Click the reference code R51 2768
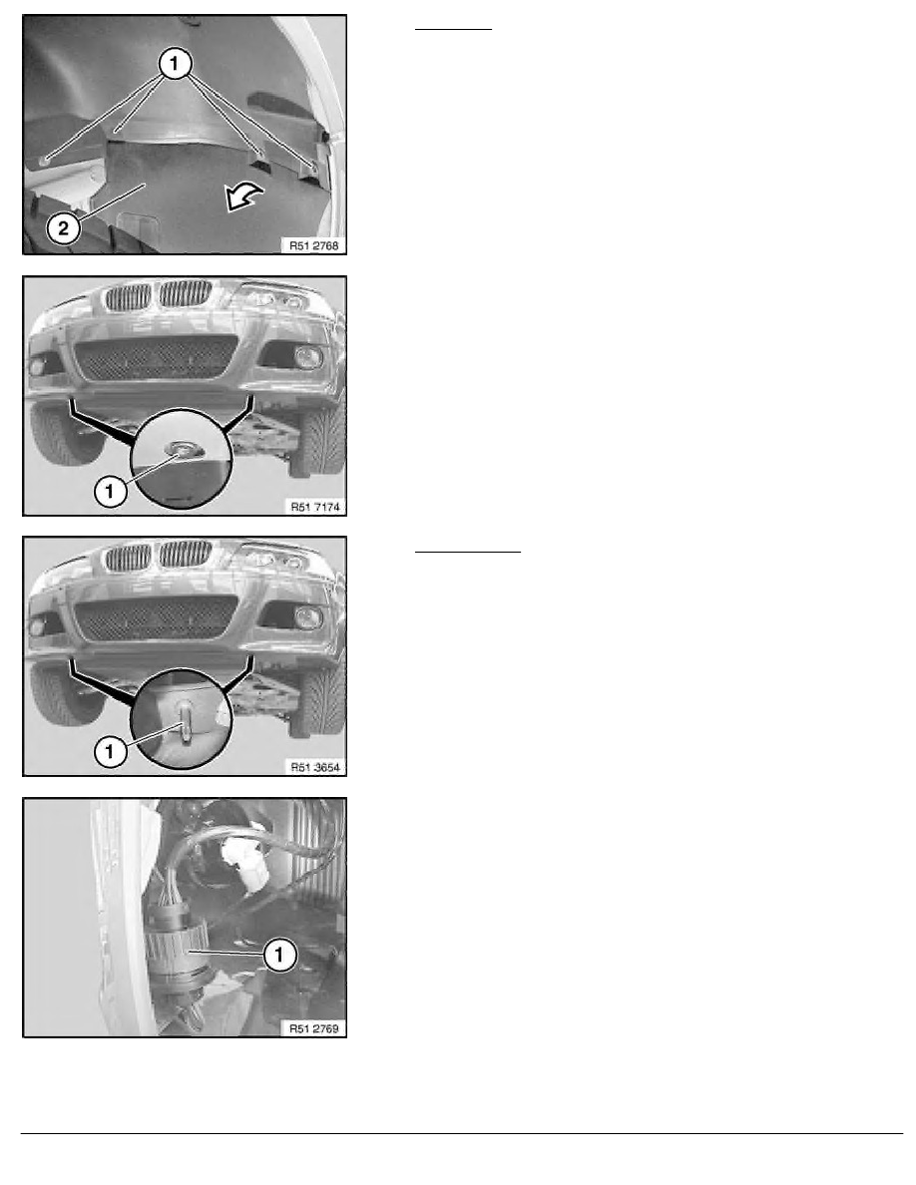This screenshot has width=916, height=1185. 314,245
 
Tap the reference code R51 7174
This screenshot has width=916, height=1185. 315,507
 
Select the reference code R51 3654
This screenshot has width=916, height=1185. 315,767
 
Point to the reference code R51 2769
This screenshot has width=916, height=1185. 314,1028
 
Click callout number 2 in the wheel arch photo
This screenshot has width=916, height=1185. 64,227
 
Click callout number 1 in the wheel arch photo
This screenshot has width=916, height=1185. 175,64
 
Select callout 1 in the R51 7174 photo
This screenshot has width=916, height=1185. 110,491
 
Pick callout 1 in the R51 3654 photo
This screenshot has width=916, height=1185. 111,751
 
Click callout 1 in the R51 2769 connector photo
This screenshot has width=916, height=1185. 278,955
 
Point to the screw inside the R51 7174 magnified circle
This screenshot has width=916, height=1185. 181,451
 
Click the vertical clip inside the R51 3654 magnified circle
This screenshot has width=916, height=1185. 185,721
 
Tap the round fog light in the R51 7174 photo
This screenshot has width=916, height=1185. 308,357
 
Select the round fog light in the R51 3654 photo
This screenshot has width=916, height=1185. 308,617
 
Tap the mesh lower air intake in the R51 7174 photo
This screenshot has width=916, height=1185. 155,358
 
